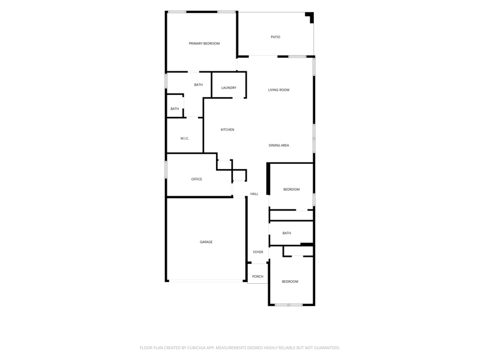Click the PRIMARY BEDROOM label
pos(204,43)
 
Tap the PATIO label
pos(275,37)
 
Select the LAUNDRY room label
pos(229,88)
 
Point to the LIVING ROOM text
pos(278,90)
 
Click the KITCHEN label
pos(227,130)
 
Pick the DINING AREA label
pos(279,145)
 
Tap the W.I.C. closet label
pos(185,139)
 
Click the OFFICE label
pos(197,179)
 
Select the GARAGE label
pos(206,242)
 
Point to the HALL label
pos(254,194)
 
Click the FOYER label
pos(258,252)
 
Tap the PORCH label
pos(258,277)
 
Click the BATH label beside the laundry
pos(199,85)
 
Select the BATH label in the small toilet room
pos(175,109)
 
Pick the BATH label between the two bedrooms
pos(287,233)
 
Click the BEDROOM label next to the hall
pos(292,190)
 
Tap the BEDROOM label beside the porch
pos(290,281)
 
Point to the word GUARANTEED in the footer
pos(328,348)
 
